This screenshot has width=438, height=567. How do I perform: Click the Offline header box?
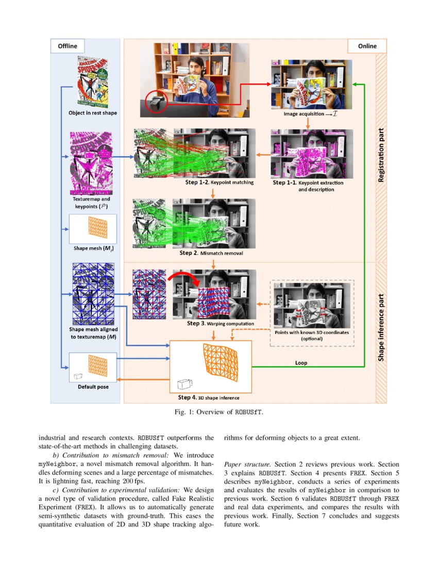(68, 46)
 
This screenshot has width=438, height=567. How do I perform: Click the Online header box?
(368, 46)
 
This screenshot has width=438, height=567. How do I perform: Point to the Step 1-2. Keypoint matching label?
(219, 182)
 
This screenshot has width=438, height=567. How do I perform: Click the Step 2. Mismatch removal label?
(211, 253)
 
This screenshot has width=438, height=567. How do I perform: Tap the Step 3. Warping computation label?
(221, 323)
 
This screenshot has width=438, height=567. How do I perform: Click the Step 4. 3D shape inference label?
(209, 397)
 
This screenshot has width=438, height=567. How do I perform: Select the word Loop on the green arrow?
(301, 363)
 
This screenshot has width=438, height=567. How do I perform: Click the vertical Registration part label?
(381, 159)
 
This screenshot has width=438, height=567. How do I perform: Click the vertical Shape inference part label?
(381, 327)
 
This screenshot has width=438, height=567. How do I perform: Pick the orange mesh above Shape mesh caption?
(97, 227)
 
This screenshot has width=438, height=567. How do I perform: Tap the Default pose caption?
(93, 387)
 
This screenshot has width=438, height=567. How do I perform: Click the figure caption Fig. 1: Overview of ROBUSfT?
(219, 412)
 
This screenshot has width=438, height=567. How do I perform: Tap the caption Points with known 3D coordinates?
(312, 336)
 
